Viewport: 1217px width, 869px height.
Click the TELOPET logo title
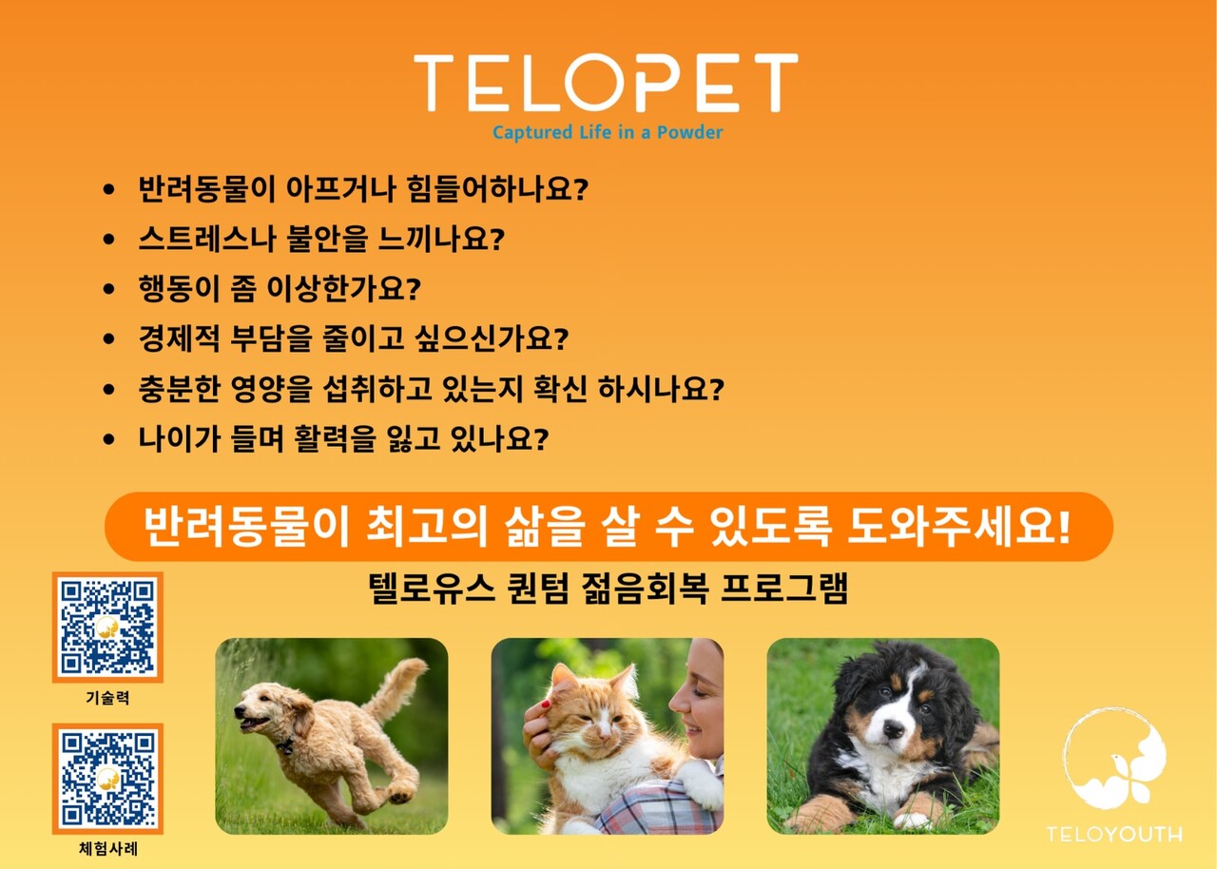click(606, 82)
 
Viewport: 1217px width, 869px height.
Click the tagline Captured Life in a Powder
click(608, 132)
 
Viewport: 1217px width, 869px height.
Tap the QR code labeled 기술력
click(107, 627)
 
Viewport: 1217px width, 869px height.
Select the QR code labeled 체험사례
click(107, 779)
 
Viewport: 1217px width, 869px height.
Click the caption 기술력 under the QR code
click(107, 697)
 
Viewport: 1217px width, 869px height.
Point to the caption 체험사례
click(108, 849)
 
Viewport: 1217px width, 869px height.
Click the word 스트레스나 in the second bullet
click(207, 239)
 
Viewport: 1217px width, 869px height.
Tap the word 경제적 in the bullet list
click(180, 338)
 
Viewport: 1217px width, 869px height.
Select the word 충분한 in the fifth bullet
click(180, 389)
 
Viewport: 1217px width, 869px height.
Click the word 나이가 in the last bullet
click(180, 439)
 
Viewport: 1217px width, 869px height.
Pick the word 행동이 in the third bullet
click(180, 288)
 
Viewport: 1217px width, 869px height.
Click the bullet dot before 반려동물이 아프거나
click(108, 189)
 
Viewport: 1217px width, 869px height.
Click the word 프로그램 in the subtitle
click(784, 589)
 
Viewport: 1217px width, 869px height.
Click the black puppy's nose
click(893, 729)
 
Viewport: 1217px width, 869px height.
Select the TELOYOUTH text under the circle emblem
click(1114, 834)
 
